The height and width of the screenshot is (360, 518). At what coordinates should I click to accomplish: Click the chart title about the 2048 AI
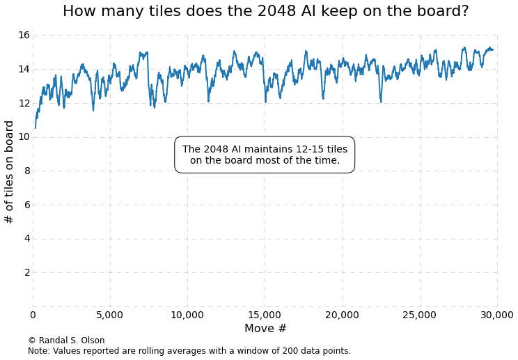point(265,12)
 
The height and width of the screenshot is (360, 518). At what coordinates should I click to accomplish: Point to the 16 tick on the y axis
point(24,35)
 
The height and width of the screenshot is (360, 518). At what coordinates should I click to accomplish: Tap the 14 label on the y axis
point(24,69)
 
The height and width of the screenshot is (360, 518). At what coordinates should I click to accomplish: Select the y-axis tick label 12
point(24,103)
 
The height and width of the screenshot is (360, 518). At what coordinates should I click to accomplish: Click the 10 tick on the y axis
point(24,136)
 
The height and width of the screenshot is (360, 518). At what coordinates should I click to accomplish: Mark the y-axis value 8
point(26,171)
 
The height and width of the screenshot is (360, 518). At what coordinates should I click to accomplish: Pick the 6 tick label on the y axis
point(26,205)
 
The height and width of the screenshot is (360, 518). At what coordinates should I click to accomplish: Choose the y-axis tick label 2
point(26,272)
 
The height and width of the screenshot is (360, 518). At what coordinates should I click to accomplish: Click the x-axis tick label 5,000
point(110,315)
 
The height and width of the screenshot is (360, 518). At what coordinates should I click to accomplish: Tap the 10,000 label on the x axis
point(187,315)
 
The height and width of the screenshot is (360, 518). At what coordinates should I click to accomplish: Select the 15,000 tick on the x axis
point(265,315)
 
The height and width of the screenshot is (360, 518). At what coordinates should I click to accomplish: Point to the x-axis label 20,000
point(342,315)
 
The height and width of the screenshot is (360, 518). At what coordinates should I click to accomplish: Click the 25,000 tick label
point(419,315)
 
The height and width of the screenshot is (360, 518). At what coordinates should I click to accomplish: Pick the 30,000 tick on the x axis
point(496,315)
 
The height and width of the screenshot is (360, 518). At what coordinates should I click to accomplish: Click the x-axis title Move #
point(265,329)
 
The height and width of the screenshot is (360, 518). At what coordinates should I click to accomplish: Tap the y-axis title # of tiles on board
point(10,171)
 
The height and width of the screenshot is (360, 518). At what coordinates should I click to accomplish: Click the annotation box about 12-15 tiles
point(265,155)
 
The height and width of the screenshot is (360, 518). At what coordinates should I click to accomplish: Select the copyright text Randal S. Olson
point(66,341)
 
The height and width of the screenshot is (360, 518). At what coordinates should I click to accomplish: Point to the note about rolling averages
point(189,351)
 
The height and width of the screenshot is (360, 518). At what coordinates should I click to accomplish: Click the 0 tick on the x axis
point(33,315)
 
